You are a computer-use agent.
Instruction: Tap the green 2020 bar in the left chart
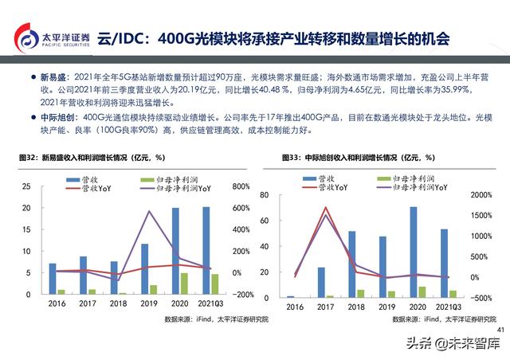click(x=184, y=284)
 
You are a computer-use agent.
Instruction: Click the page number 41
click(x=500, y=330)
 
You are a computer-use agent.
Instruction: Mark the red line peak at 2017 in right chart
click(x=325, y=207)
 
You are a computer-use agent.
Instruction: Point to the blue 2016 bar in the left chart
click(x=53, y=278)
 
